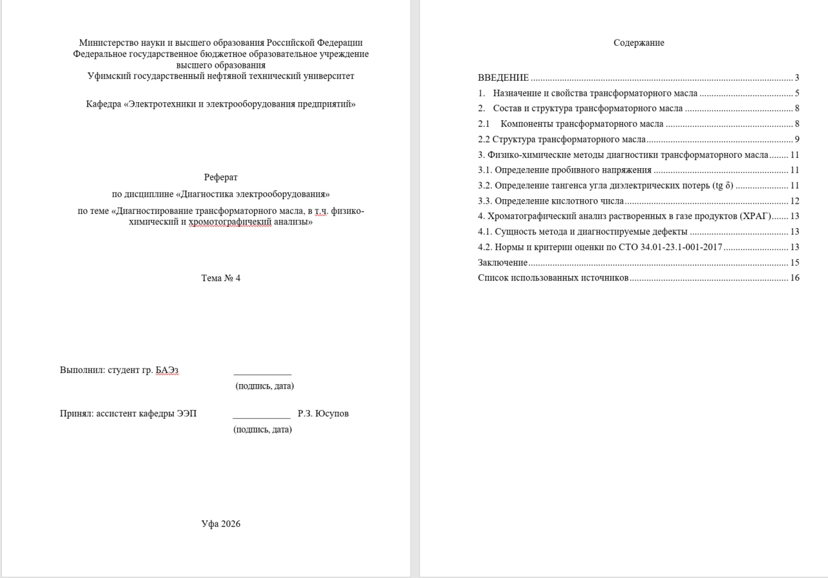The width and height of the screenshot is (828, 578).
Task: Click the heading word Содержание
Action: coord(639,43)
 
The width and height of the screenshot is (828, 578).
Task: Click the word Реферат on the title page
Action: coord(221,177)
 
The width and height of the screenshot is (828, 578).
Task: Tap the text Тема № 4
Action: coord(221,278)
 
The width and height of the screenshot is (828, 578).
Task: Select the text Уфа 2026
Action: coord(221,524)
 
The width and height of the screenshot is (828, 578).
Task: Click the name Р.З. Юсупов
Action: coord(323,413)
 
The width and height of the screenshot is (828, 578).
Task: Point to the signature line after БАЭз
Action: coord(262,374)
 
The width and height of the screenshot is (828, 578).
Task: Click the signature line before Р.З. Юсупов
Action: coord(262,418)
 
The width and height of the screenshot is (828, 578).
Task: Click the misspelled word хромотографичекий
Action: coord(230,222)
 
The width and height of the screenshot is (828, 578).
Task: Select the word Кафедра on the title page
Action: coord(103,104)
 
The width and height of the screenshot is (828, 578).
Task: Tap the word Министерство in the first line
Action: coord(107,43)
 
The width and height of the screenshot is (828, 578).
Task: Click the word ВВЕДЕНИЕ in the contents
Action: coord(504,78)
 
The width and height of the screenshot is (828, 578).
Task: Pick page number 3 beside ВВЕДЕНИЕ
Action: coord(797,78)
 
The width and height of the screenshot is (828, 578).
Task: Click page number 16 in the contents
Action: coord(794,278)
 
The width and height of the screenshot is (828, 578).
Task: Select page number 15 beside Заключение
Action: coord(794,262)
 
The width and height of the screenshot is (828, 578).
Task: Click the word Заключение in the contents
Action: coord(503,262)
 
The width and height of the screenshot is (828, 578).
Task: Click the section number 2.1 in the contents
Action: coord(484,123)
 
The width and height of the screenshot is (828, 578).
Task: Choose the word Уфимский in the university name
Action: coord(107,76)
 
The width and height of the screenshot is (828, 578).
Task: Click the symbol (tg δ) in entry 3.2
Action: coord(723,186)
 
